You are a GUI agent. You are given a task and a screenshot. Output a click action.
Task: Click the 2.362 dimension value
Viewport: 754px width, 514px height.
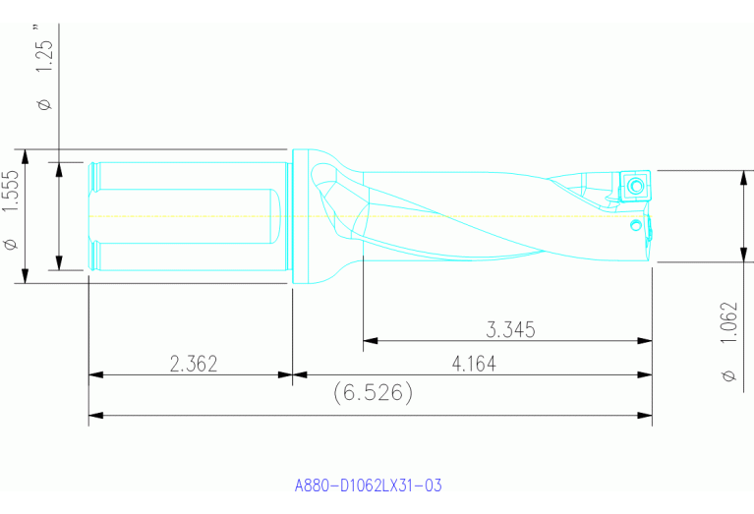(193, 364)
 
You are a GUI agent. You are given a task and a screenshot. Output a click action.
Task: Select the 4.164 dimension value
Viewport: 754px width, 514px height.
(474, 364)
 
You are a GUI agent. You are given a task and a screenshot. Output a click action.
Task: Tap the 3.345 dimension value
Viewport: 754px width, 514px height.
(510, 330)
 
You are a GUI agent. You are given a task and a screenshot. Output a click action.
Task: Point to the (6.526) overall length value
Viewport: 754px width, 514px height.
(372, 393)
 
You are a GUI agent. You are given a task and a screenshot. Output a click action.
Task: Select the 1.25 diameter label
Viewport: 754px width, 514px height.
(44, 59)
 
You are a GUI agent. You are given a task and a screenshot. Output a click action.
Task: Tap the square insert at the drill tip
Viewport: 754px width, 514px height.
(634, 185)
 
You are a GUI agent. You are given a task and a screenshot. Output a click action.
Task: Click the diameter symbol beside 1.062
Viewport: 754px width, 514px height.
(728, 375)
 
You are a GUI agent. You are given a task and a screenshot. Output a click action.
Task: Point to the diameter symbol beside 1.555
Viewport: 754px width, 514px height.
(11, 243)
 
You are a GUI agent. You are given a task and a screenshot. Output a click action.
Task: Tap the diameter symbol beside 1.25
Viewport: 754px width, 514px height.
(44, 103)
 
